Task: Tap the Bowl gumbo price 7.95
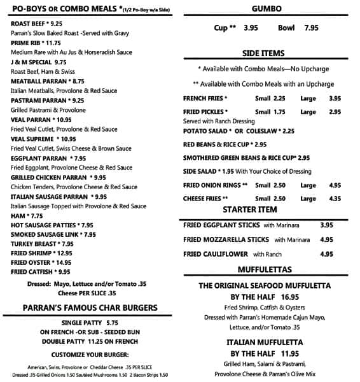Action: click(311, 28)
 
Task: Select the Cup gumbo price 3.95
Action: click(251, 28)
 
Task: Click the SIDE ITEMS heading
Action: click(263, 53)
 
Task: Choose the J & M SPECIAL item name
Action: click(38, 62)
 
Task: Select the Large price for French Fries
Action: click(335, 99)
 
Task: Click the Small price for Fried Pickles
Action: click(278, 112)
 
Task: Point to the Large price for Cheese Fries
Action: click(335, 199)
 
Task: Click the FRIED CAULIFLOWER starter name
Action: click(216, 254)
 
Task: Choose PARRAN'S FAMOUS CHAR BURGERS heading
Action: click(90, 308)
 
